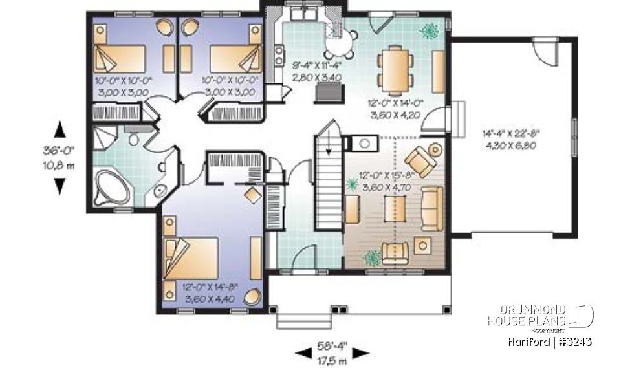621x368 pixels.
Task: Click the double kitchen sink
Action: (301, 14)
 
